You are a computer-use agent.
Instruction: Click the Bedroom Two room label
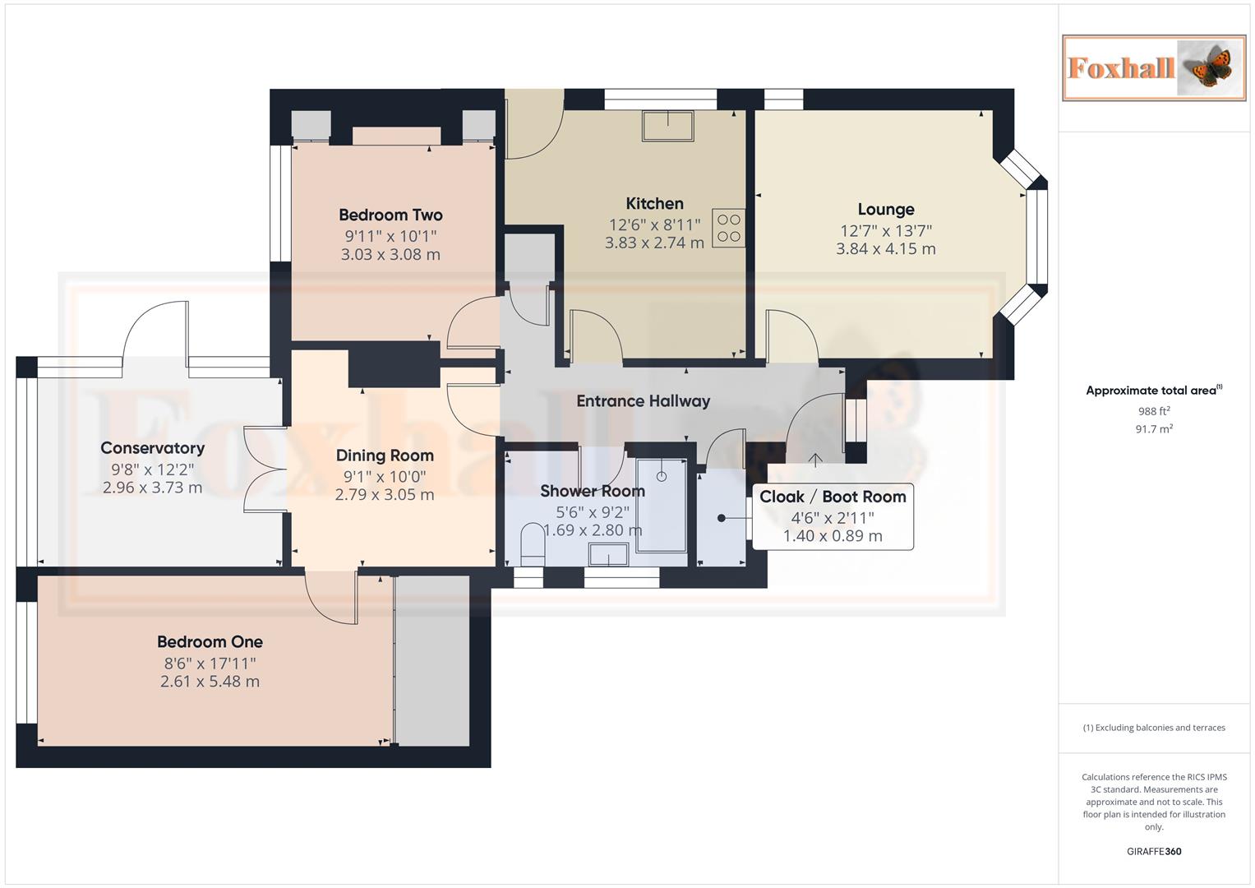(390, 215)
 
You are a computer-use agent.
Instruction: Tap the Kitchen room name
(654, 204)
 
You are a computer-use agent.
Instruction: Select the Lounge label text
(885, 210)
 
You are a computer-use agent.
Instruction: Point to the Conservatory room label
(152, 448)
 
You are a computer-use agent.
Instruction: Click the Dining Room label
(385, 456)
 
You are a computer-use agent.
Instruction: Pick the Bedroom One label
(210, 642)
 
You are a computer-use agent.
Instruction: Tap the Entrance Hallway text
(643, 401)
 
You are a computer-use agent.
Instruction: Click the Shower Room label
(592, 492)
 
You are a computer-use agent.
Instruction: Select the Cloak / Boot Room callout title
(833, 497)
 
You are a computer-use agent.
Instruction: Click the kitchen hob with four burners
(728, 229)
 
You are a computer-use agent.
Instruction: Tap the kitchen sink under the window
(667, 126)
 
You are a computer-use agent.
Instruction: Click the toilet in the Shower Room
(533, 546)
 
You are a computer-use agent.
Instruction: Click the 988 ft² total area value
(1154, 411)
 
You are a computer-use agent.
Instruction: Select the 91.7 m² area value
(1154, 429)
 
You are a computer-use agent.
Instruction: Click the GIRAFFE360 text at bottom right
(1154, 852)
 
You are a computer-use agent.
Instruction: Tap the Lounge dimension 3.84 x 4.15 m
(885, 249)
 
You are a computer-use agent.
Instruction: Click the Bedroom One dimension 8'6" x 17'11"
(210, 664)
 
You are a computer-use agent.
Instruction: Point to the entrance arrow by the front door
(815, 460)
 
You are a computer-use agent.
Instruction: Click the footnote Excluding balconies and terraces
(1154, 728)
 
